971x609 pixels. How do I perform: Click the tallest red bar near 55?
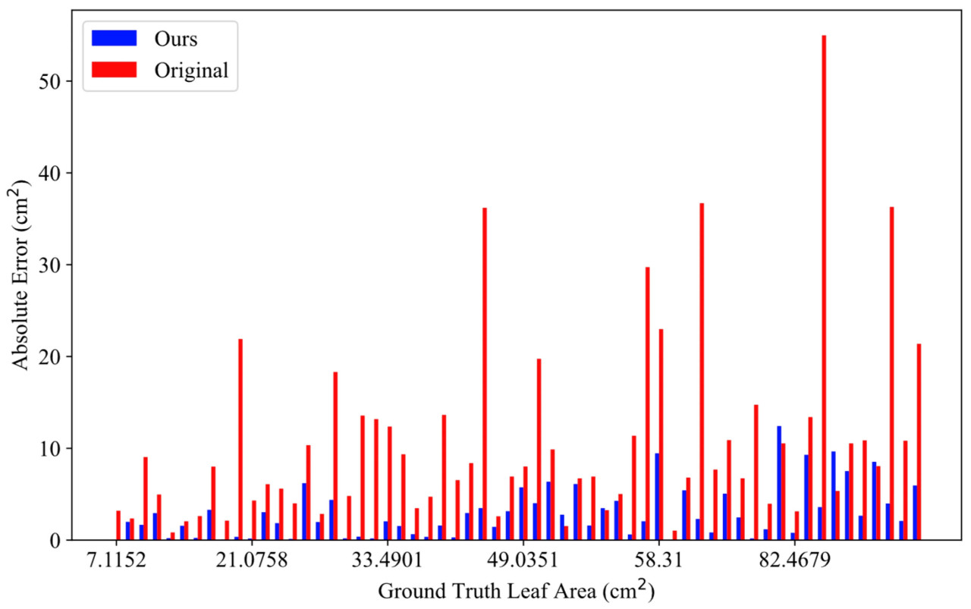pyautogui.click(x=824, y=288)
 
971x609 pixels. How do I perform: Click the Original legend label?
pyautogui.click(x=191, y=71)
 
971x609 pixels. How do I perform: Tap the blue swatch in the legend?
pyautogui.click(x=114, y=38)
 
